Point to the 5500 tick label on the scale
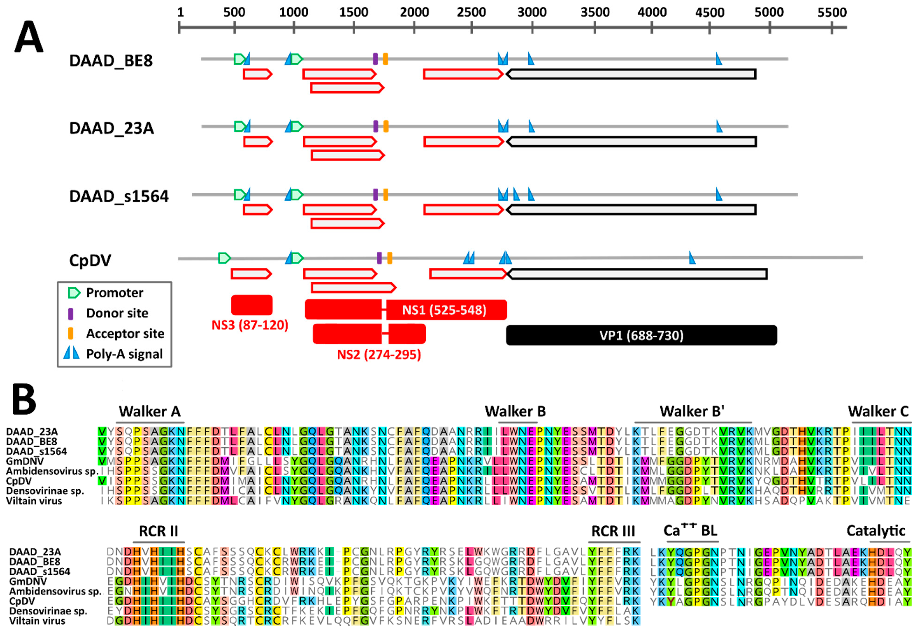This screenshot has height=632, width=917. tap(832, 12)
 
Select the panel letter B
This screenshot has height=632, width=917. tap(24, 399)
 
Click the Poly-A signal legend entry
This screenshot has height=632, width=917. tap(124, 354)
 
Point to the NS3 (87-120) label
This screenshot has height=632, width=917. tap(250, 325)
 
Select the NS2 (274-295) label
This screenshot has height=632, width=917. tap(379, 354)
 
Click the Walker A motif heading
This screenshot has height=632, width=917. tap(150, 411)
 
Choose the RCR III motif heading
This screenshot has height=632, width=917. tap(613, 531)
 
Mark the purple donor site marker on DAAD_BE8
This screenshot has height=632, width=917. tap(375, 59)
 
